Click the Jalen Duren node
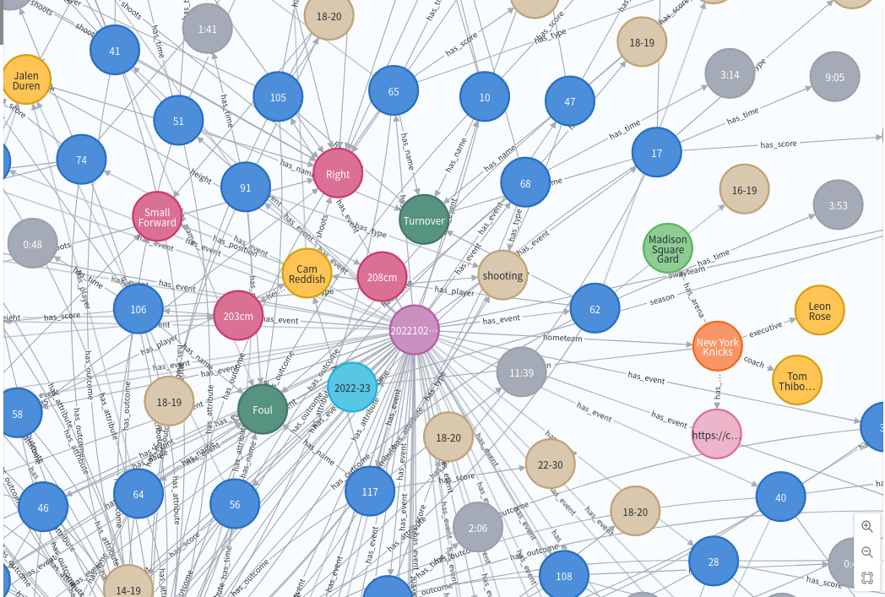click(27, 80)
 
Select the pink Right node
click(338, 175)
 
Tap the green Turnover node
click(424, 220)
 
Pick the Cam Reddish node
click(307, 274)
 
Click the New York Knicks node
click(717, 346)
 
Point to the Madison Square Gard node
click(668, 248)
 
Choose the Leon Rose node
click(819, 311)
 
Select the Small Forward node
click(157, 217)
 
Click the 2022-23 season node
click(352, 388)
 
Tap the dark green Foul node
click(263, 410)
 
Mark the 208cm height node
click(383, 277)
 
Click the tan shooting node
click(502, 275)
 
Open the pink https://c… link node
click(716, 435)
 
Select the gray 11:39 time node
click(522, 372)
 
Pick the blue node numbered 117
click(370, 491)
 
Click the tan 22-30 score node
click(550, 464)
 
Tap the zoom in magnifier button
click(866, 526)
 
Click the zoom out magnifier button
click(866, 552)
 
